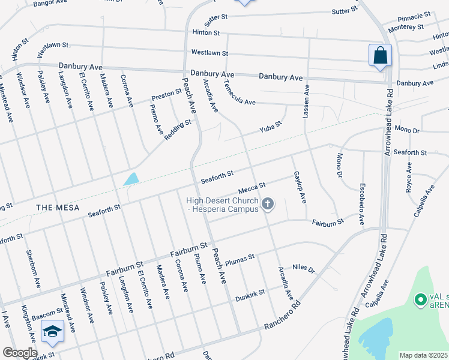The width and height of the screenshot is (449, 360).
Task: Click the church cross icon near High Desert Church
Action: point(268,205)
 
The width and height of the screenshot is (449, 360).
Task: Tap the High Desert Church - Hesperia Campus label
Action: point(222,205)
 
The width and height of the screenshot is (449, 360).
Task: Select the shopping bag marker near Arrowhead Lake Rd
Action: point(380,56)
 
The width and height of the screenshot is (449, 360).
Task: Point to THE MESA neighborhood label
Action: point(53,207)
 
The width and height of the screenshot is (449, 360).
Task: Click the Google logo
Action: point(20,353)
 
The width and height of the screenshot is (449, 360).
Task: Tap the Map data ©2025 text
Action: point(424,355)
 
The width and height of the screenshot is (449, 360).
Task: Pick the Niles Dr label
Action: point(304,268)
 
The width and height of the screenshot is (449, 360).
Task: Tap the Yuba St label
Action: point(271,127)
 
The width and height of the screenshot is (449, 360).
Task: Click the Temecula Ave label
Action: point(240,96)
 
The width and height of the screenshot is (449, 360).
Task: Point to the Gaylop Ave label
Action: point(300,187)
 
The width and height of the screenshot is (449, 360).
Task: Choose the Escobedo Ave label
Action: point(361,205)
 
